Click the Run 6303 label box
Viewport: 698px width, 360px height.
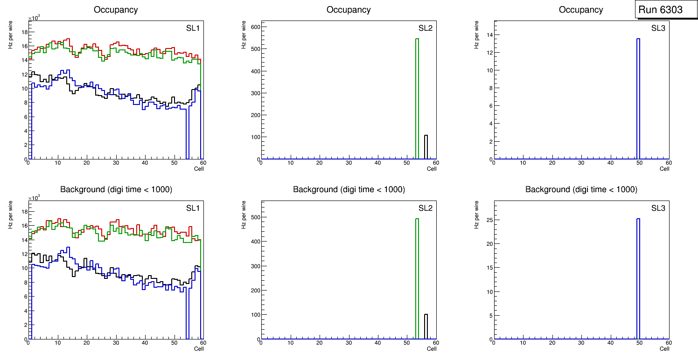[660, 10]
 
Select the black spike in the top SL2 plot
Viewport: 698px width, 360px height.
[426, 147]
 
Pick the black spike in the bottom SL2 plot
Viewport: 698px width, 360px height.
[426, 326]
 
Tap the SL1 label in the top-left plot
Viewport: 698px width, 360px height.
[193, 28]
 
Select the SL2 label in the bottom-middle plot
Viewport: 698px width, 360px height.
[425, 208]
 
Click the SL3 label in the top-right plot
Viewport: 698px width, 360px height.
[658, 28]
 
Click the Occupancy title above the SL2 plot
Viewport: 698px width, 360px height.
[349, 10]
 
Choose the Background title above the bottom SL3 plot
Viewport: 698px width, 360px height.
[581, 189]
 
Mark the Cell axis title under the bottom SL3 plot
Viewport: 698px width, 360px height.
[664, 349]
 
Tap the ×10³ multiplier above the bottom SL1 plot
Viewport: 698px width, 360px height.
[35, 198]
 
